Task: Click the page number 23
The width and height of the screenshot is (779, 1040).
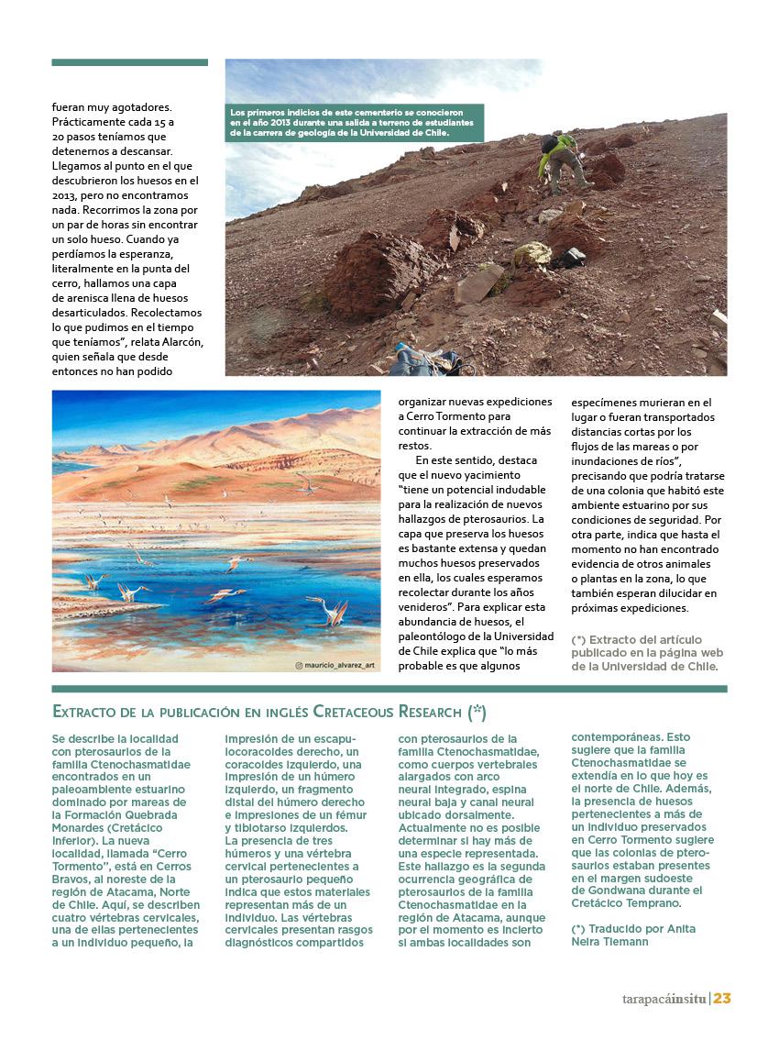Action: tap(721, 999)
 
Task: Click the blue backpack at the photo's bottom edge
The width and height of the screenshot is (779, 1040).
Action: tap(418, 360)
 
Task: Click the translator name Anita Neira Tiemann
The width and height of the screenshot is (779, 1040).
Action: tap(632, 935)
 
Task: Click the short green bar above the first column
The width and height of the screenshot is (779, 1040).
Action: tap(129, 63)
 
